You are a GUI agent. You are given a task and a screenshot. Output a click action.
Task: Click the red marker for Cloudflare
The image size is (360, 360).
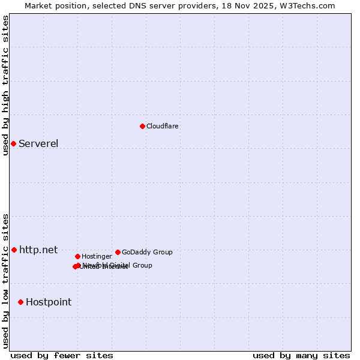(x=142, y=126)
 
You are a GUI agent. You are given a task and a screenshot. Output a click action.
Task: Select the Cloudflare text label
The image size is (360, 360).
(x=162, y=126)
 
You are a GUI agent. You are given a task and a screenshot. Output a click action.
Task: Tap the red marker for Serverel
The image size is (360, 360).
(x=13, y=143)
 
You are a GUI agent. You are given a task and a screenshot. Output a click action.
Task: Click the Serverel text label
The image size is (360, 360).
(x=38, y=143)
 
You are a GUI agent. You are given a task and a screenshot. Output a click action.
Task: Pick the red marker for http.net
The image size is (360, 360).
(x=14, y=250)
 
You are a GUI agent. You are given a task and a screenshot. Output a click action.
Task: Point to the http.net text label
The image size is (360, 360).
(x=38, y=250)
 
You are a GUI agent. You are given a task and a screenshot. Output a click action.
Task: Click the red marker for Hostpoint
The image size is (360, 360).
(x=20, y=302)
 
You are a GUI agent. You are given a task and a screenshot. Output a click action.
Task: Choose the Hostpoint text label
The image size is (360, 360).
(x=49, y=302)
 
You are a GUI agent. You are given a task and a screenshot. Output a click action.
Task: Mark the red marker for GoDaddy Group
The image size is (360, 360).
(x=118, y=252)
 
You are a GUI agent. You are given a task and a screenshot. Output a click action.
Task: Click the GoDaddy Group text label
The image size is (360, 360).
(x=147, y=252)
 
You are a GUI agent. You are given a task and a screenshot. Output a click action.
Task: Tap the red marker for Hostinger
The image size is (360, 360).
(x=77, y=256)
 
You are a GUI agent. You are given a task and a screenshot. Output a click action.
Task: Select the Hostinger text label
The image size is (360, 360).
(x=97, y=256)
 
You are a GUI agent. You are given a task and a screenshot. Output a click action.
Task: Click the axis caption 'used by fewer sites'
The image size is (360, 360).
(x=62, y=355)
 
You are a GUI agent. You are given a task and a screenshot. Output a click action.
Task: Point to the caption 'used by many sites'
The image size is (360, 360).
(x=301, y=355)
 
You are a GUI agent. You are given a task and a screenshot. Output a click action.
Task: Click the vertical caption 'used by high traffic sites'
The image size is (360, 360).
(x=5, y=85)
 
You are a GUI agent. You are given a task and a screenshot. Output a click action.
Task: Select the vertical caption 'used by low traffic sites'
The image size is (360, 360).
(x=5, y=281)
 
